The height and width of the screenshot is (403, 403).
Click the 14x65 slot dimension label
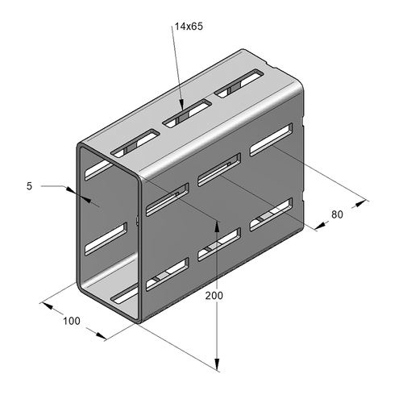pos(189,27)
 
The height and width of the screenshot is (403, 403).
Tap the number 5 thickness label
pos(29,186)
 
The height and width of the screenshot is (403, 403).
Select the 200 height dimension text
pos(214,296)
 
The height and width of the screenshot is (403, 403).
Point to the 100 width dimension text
pos(72,321)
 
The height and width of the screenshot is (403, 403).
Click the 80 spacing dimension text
pos(337,214)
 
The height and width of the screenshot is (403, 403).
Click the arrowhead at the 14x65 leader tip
pos(181,104)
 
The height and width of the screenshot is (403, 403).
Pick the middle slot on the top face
pos(187,113)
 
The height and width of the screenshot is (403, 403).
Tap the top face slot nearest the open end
pos(135,143)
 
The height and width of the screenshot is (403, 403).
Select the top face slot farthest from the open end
pos(239,84)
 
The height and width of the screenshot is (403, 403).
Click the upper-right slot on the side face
pos(271,139)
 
